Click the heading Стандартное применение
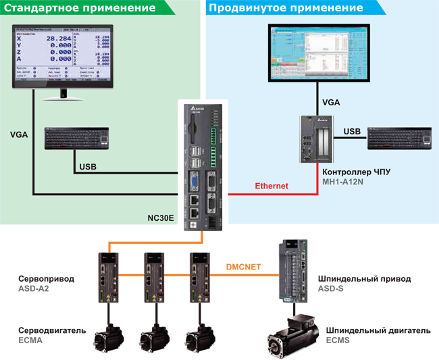(82, 9)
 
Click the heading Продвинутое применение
(286, 9)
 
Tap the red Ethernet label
(272, 185)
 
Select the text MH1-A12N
(345, 182)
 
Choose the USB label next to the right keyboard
(352, 130)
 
